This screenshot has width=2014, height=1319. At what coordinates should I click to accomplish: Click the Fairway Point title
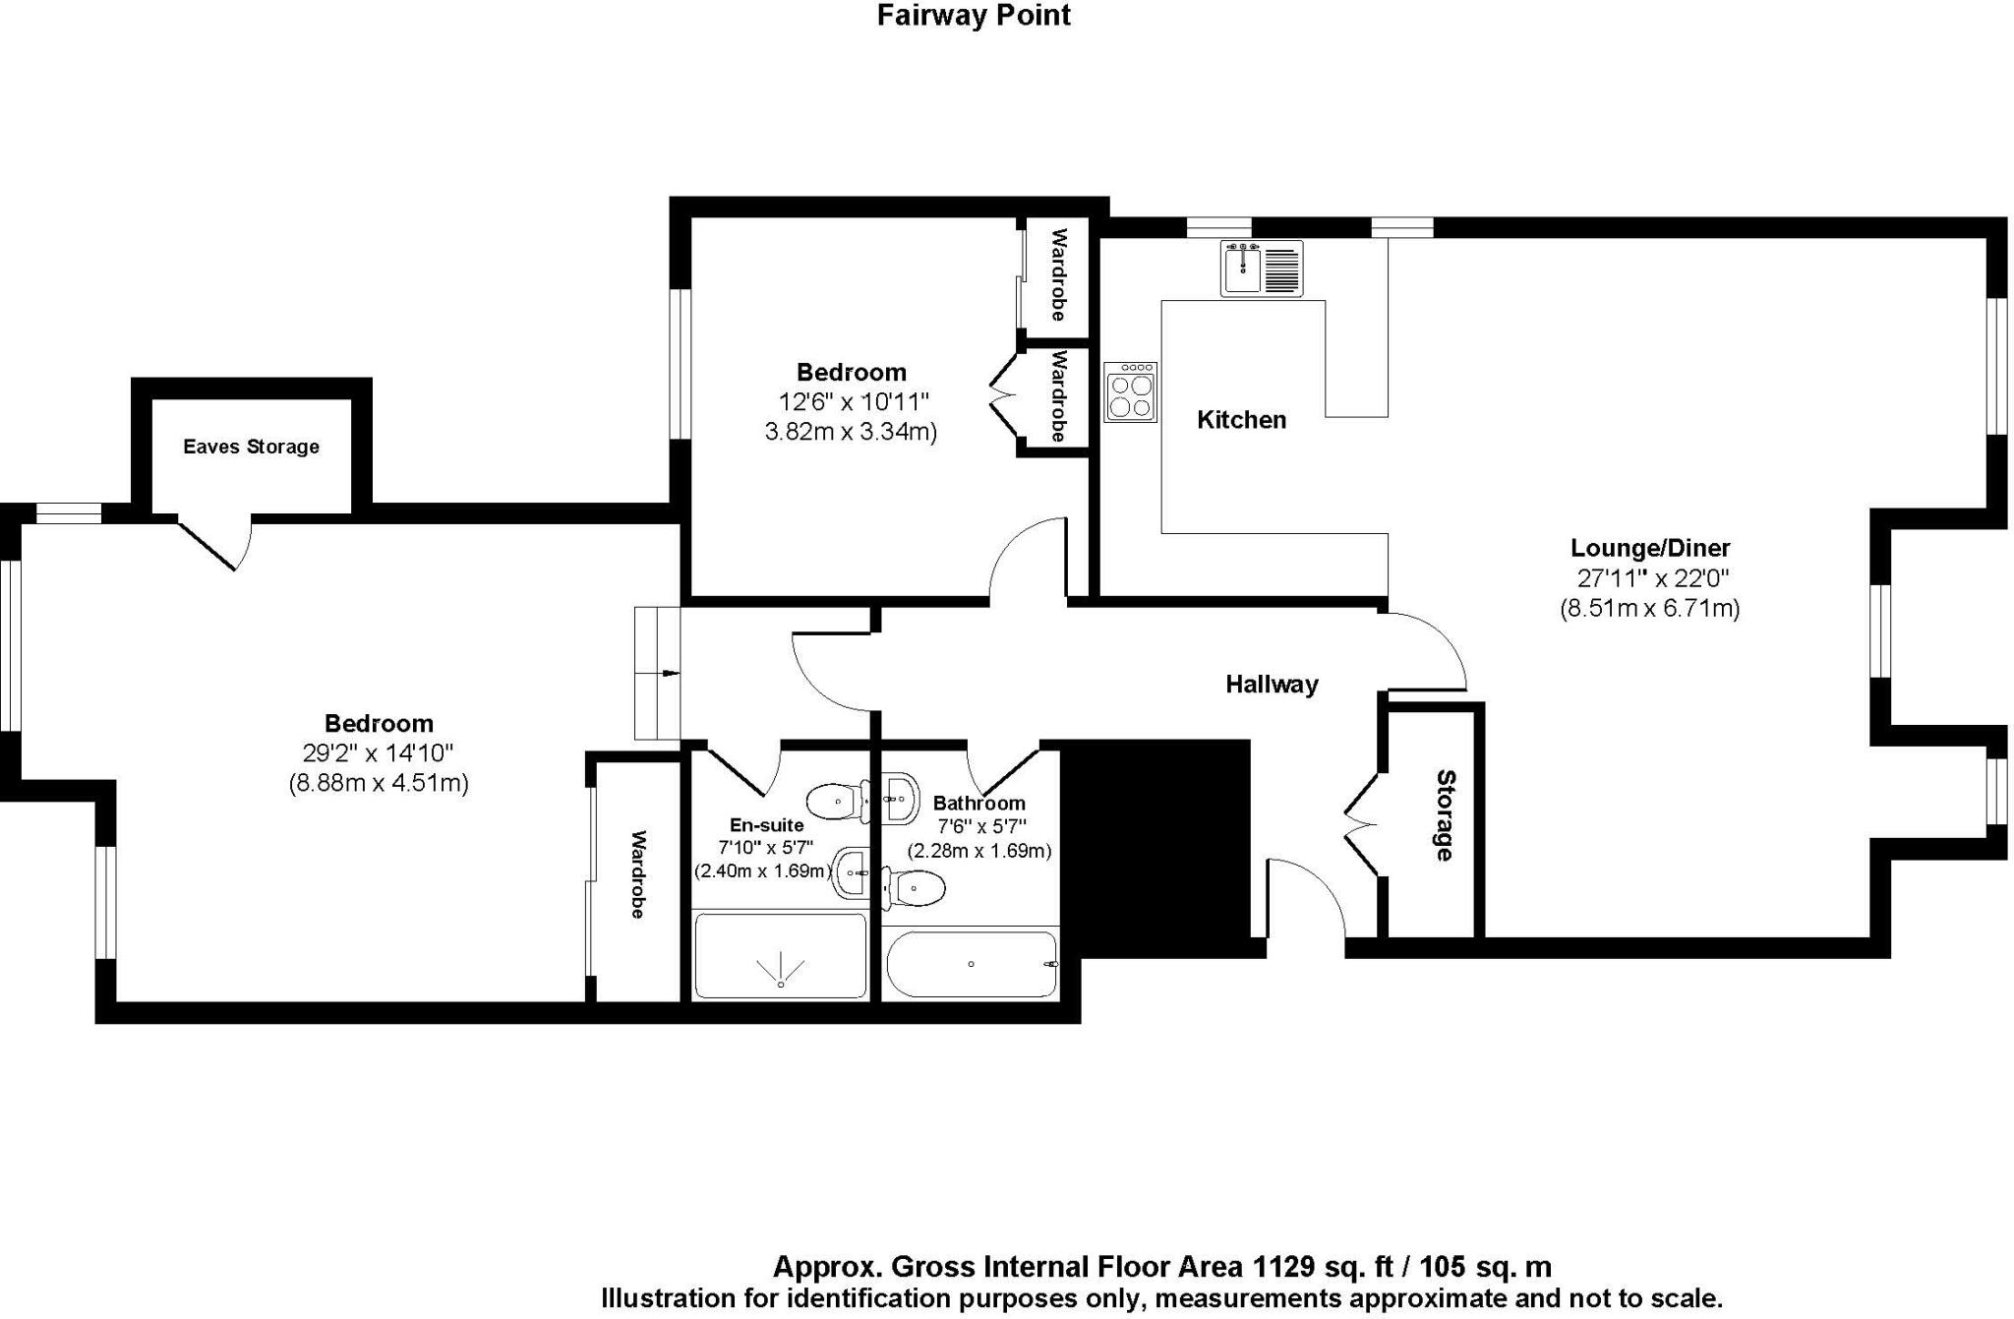tap(973, 16)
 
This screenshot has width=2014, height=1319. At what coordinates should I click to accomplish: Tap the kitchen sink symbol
tap(1262, 269)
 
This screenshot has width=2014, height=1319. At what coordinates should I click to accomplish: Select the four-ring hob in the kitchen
tap(1130, 392)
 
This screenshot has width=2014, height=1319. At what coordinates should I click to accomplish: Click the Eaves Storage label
tap(251, 447)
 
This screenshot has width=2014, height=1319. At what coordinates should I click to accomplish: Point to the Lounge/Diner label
tap(1649, 548)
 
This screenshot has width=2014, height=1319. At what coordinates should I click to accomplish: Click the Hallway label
tap(1271, 685)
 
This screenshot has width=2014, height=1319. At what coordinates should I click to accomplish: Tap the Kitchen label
tap(1241, 420)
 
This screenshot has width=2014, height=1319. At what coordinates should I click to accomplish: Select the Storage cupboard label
tap(1444, 815)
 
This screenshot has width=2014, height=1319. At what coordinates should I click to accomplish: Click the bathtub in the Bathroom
tap(972, 964)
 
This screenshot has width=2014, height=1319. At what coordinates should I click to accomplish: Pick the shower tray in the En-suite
tap(780, 955)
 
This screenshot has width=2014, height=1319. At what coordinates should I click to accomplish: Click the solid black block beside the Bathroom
tap(1156, 846)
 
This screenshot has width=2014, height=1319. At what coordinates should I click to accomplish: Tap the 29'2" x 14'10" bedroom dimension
tap(378, 753)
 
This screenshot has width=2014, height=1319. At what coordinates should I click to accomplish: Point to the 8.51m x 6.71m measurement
tap(1649, 609)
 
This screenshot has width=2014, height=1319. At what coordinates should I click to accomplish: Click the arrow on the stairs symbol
tap(669, 674)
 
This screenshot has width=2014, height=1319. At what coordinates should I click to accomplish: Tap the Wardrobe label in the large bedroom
tap(637, 874)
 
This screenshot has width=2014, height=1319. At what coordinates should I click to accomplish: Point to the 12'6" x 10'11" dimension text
tap(853, 401)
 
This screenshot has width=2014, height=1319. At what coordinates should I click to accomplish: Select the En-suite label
tap(766, 824)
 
